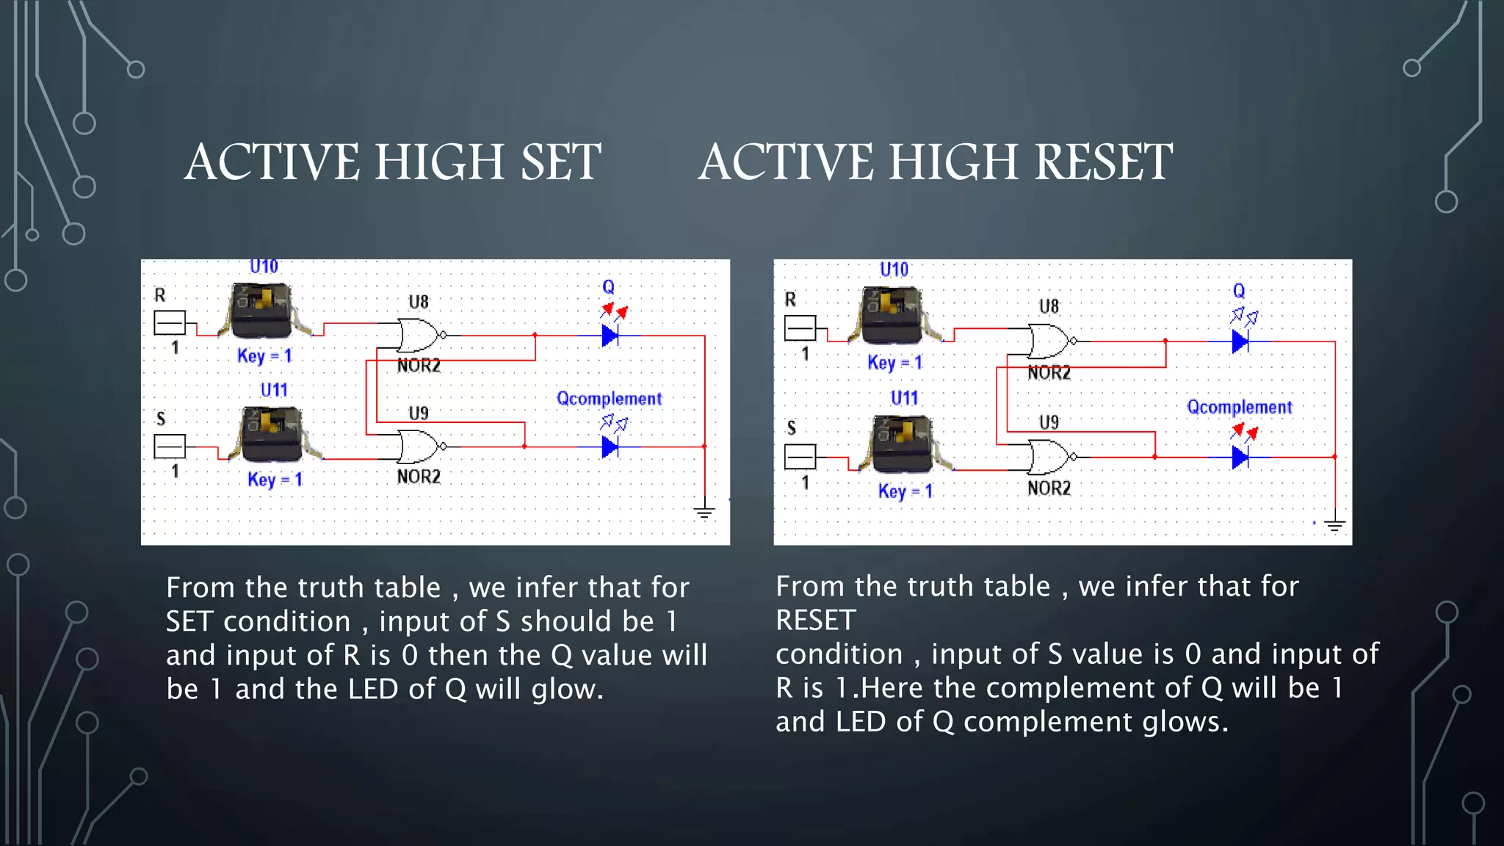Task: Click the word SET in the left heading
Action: click(561, 162)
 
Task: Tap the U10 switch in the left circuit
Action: click(262, 310)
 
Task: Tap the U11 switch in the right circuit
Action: click(903, 443)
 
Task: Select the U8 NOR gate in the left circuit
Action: click(419, 335)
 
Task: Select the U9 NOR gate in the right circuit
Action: click(1050, 457)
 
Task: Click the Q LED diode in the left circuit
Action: click(610, 336)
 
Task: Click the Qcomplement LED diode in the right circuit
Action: click(1240, 457)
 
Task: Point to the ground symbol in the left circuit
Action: click(704, 512)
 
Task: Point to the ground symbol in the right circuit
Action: click(1334, 525)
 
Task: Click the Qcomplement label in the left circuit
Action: click(609, 399)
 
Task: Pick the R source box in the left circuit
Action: click(170, 322)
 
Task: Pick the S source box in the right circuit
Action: click(800, 457)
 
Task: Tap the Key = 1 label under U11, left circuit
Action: click(275, 480)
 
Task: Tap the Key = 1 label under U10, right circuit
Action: click(894, 362)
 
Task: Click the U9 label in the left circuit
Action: click(419, 413)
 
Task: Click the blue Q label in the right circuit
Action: click(1239, 291)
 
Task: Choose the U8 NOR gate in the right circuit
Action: click(1050, 341)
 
